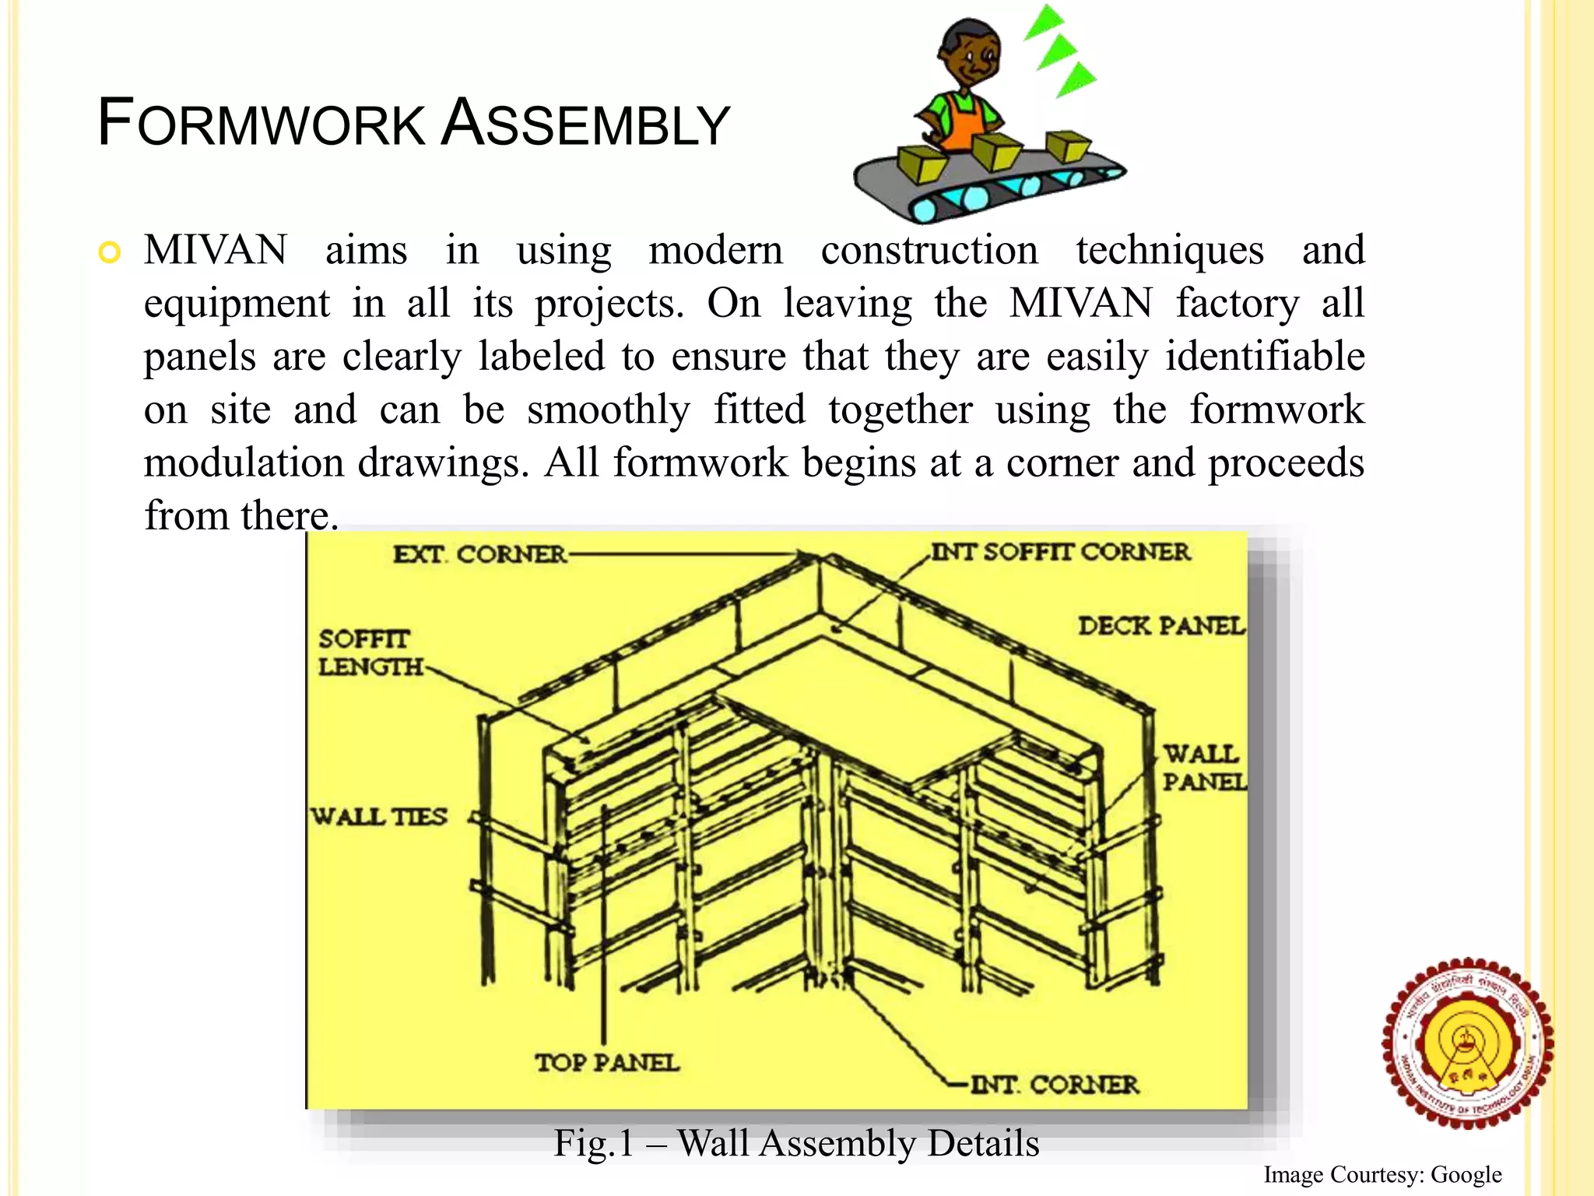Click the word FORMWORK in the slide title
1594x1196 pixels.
[x=262, y=124]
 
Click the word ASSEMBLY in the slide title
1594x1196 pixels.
[x=585, y=124]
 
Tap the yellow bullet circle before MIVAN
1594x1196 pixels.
[x=110, y=253]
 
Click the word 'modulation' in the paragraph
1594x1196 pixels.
[x=243, y=463]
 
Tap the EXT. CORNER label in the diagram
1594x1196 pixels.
[x=479, y=554]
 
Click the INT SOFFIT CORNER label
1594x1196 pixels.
[x=1060, y=552]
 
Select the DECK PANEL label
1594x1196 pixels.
[x=1160, y=626]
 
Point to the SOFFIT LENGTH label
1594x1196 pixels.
[x=369, y=653]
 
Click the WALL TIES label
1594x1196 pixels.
[x=380, y=817]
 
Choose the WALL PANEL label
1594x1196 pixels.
[x=1203, y=767]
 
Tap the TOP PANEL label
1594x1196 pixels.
[x=607, y=1063]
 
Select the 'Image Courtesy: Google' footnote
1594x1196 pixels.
[x=1382, y=1174]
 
